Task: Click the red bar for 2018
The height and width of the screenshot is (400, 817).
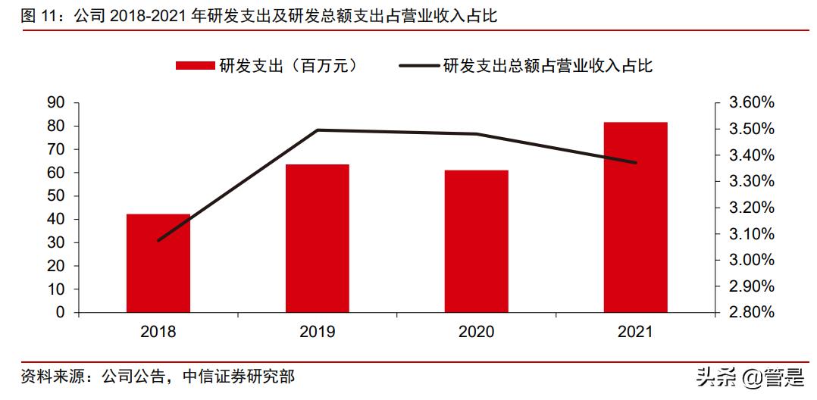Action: [158, 263]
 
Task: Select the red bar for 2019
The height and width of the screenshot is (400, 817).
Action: [318, 238]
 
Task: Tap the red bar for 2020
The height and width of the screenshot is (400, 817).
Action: [476, 241]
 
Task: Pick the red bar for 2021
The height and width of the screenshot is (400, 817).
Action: [635, 217]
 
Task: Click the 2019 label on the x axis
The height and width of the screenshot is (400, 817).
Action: [318, 332]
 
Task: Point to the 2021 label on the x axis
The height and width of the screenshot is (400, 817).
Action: [635, 332]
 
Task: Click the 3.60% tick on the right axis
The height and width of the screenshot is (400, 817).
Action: [747, 102]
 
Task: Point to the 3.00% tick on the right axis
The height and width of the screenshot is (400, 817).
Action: [747, 260]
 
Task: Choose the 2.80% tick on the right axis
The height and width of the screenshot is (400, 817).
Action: [747, 312]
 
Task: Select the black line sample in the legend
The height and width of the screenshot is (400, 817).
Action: [418, 67]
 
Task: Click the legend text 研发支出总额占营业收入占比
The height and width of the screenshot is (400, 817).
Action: [547, 67]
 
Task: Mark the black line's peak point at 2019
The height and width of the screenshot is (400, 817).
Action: [318, 130]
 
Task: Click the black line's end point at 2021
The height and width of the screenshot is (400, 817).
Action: [635, 163]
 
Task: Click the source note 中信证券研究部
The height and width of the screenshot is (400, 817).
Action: [239, 376]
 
